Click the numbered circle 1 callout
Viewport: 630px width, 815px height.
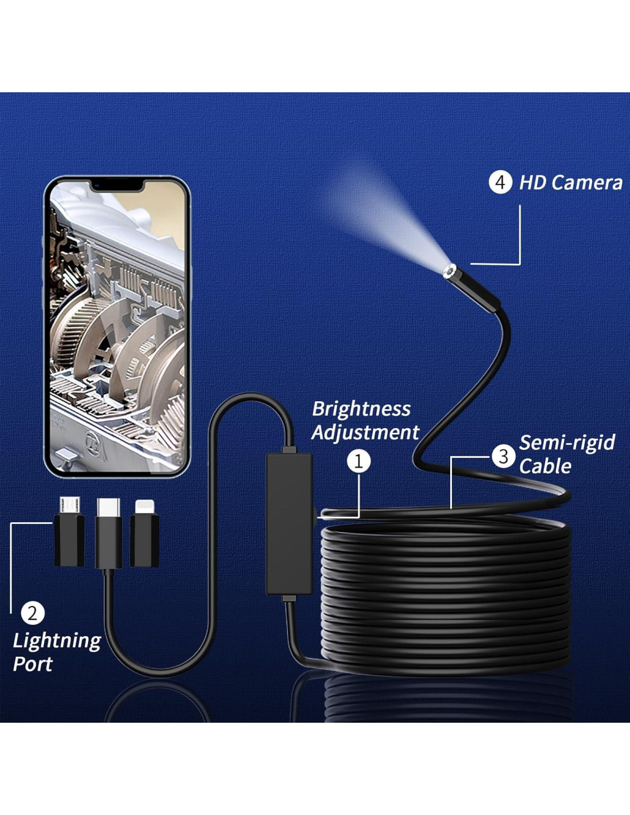pyautogui.click(x=359, y=461)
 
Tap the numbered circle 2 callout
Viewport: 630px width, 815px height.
pyautogui.click(x=32, y=613)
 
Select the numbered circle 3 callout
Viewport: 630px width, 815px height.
pyautogui.click(x=503, y=456)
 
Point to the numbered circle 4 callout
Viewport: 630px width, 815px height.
pyautogui.click(x=500, y=182)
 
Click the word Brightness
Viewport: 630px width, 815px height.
pyautogui.click(x=361, y=409)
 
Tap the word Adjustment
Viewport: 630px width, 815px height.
pyautogui.click(x=365, y=432)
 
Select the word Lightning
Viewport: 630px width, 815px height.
pyautogui.click(x=57, y=640)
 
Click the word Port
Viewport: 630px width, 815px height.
pyautogui.click(x=33, y=664)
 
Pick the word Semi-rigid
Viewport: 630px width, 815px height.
pyautogui.click(x=567, y=442)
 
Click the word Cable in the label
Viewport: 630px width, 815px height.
pyautogui.click(x=545, y=466)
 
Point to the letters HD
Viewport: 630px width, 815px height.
pyautogui.click(x=532, y=183)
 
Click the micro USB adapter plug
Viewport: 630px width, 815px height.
pyautogui.click(x=69, y=533)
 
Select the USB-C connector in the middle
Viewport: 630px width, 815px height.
pyautogui.click(x=108, y=533)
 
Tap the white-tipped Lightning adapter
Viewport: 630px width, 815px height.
pyautogui.click(x=144, y=533)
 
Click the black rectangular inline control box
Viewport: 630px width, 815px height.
pyautogui.click(x=289, y=523)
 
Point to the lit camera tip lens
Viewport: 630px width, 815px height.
pyautogui.click(x=449, y=271)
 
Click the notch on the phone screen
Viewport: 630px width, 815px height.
pyautogui.click(x=117, y=185)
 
